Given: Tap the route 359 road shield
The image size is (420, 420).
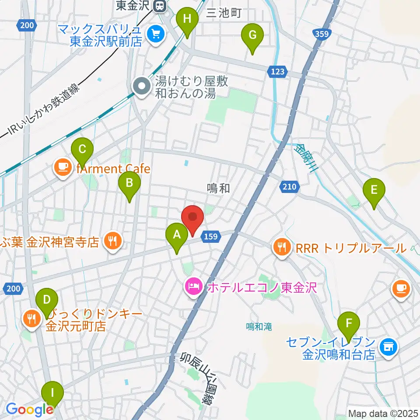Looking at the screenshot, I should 323,33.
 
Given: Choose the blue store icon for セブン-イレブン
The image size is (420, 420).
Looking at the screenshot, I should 388,347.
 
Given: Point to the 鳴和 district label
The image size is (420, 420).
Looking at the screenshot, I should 218,189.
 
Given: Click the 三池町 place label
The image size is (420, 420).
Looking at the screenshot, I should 224,13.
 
